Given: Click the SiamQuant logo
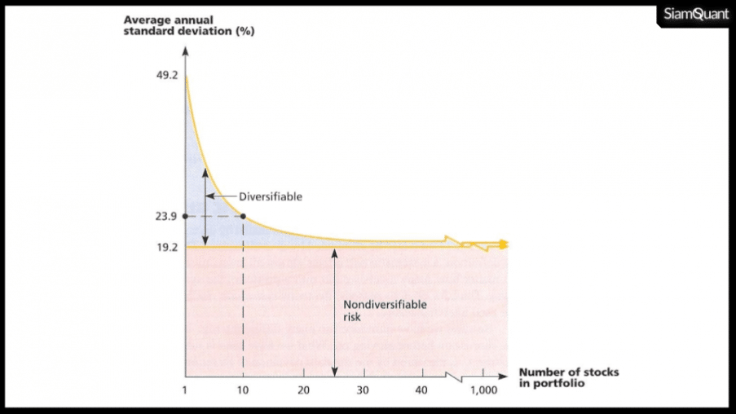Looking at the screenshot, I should tap(695, 15).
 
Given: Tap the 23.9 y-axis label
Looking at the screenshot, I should tap(169, 216).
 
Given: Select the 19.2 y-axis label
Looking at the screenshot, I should tap(169, 246).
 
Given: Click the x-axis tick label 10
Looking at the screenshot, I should tap(243, 390).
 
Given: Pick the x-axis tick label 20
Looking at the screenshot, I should tap(303, 390).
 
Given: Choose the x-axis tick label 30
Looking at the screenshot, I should tap(363, 390).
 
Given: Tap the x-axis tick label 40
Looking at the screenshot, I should tap(421, 390).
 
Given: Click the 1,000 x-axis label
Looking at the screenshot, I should tap(483, 390).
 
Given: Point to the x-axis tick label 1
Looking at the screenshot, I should tap(185, 390).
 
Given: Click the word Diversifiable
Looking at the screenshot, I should tap(270, 196).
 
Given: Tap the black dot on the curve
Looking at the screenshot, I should tap(243, 216).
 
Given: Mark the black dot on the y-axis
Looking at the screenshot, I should tap(186, 216).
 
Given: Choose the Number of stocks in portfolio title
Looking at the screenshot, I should tap(568, 377).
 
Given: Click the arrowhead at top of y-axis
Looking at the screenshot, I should tap(186, 51).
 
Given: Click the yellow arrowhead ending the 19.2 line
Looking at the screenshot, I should tap(505, 244).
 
